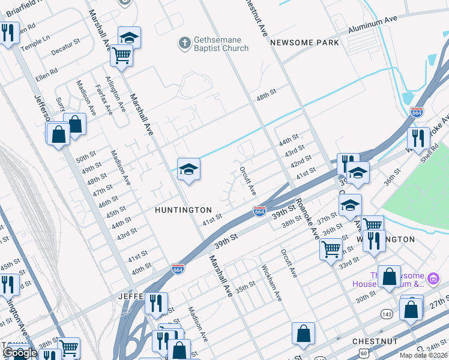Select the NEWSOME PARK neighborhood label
pyautogui.click(x=304, y=43)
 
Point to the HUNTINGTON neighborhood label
pyautogui.click(x=183, y=210)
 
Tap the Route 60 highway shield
pyautogui.click(x=364, y=353)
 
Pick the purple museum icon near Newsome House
pyautogui.click(x=433, y=278)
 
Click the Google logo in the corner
pyautogui.click(x=20, y=353)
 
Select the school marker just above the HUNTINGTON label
pyautogui.click(x=188, y=170)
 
